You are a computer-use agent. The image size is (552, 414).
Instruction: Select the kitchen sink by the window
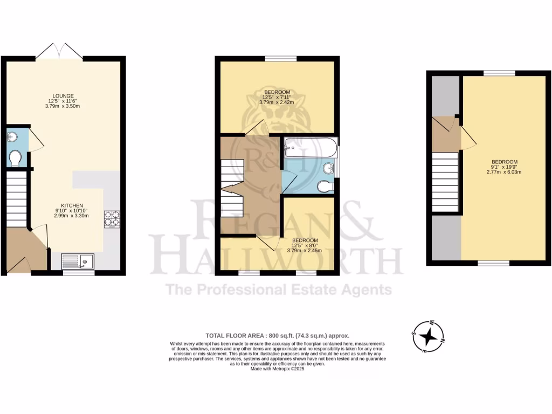[78, 261]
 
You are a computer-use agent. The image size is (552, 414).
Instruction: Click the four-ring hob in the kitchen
[112, 219]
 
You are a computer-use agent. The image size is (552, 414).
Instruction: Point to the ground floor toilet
[15, 158]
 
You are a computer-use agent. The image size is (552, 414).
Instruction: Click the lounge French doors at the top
[59, 52]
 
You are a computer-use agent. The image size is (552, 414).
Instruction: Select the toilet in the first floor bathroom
[325, 187]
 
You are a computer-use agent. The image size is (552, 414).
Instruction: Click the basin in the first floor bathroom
[328, 168]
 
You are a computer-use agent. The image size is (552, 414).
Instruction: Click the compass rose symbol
[429, 337]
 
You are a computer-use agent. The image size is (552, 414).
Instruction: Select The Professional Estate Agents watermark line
[279, 289]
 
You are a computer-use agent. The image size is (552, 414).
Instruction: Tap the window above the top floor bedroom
[499, 73]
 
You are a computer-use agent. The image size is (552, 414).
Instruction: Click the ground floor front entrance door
[19, 265]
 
